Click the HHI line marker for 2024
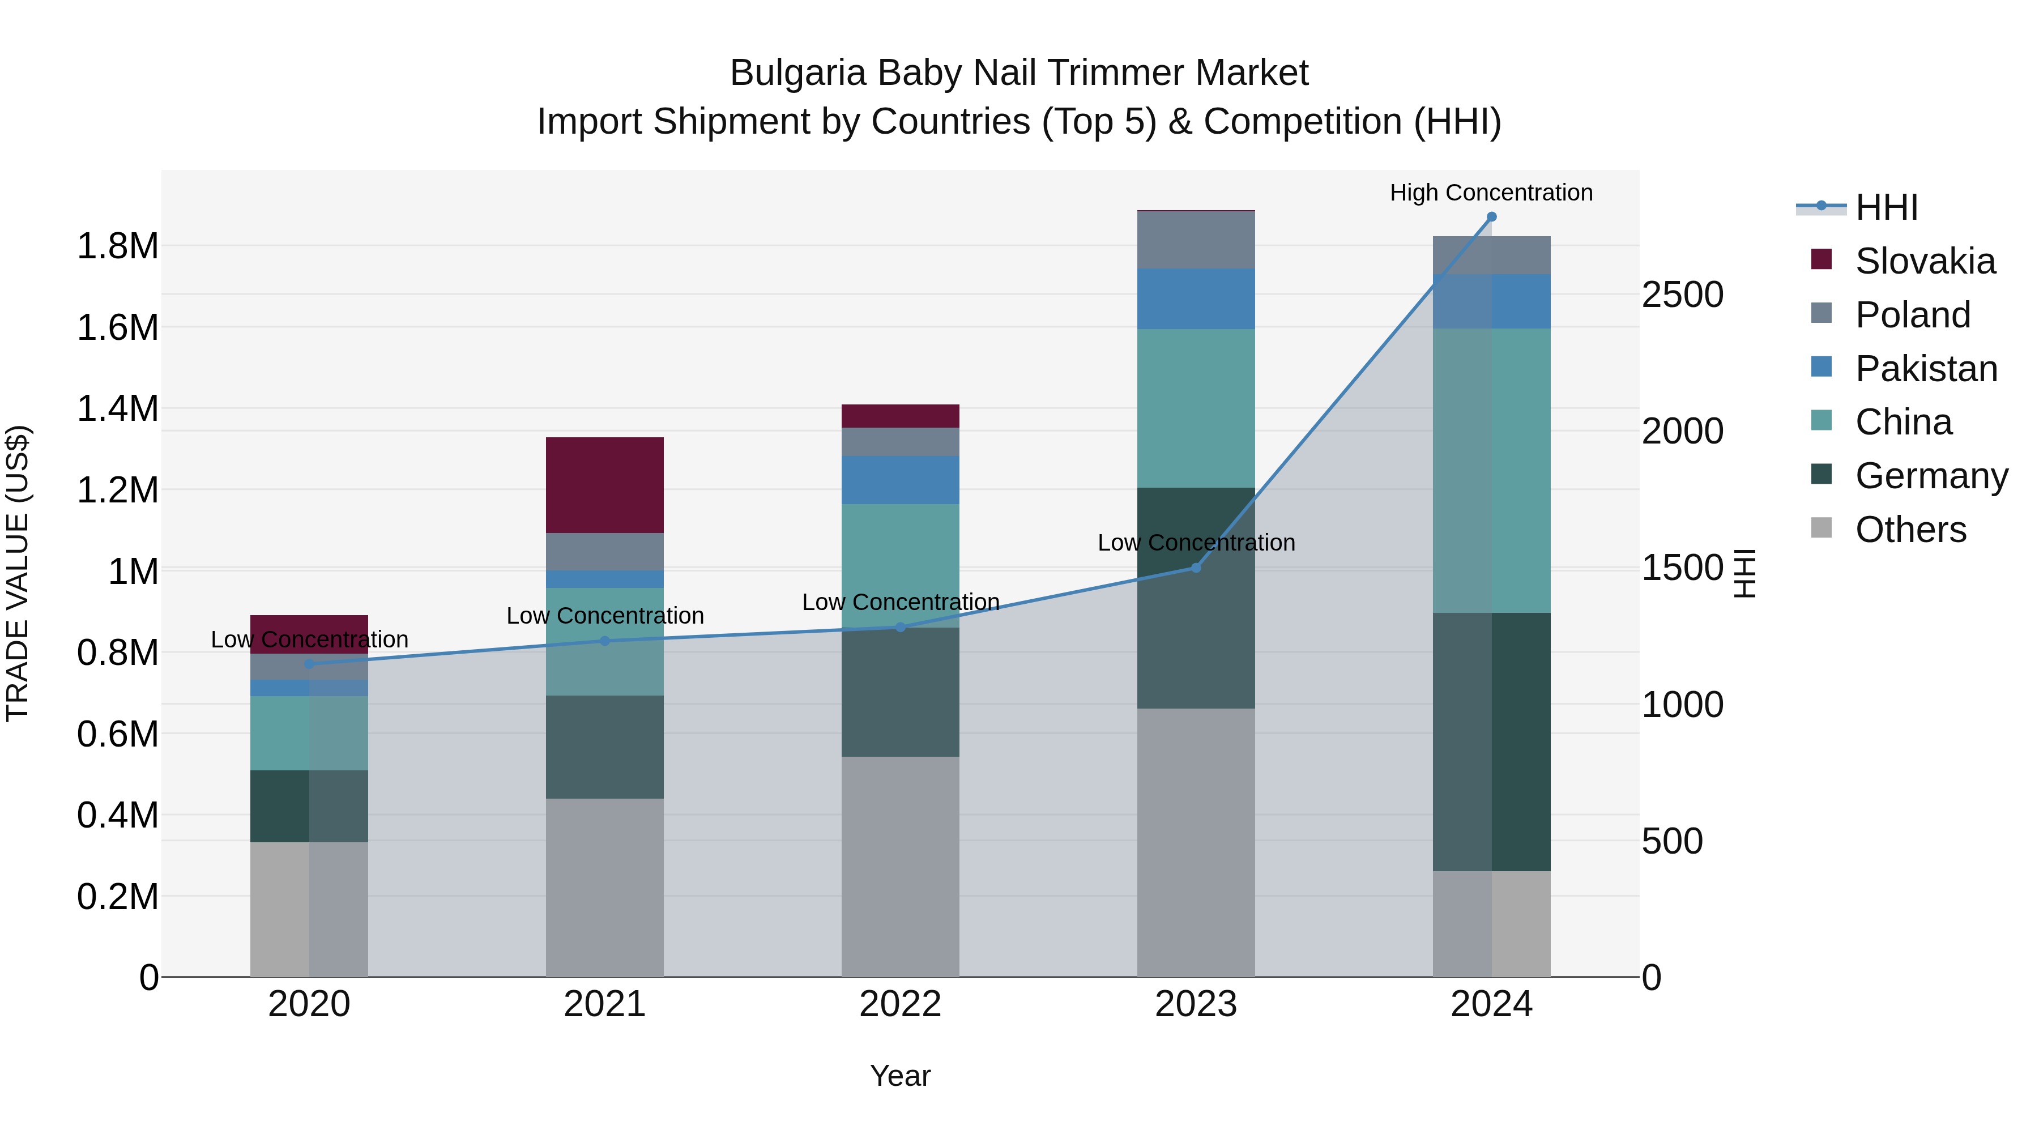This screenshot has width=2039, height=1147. click(x=1491, y=217)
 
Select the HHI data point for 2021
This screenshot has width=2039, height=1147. click(x=605, y=641)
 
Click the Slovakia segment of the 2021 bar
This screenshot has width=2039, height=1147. click(x=605, y=484)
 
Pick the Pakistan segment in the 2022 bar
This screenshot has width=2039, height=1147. click(x=900, y=480)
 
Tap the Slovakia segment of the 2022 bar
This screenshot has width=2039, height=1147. click(x=900, y=416)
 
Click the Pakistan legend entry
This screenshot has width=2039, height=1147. click(x=1925, y=369)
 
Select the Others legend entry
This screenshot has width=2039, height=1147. click(x=1909, y=530)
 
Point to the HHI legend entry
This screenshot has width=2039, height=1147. click(x=1886, y=207)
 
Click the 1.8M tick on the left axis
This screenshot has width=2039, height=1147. click(x=117, y=246)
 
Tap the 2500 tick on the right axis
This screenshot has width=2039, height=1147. click(x=1682, y=295)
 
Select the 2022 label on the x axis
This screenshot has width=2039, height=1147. click(x=900, y=1004)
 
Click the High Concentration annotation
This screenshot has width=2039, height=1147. click(x=1491, y=193)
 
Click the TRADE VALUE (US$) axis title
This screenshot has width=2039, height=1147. click(x=18, y=573)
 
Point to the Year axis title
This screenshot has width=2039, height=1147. click(x=900, y=1076)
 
